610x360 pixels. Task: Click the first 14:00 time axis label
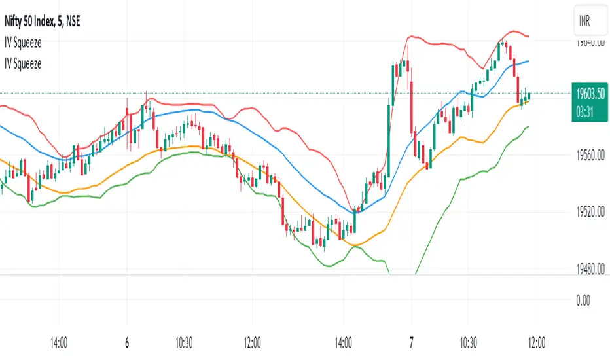pyautogui.click(x=60, y=344)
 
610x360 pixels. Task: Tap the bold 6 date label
pyautogui.click(x=126, y=344)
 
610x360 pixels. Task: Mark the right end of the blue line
pyautogui.click(x=528, y=61)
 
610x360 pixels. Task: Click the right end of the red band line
pyautogui.click(x=528, y=35)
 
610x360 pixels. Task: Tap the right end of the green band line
pyautogui.click(x=528, y=126)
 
